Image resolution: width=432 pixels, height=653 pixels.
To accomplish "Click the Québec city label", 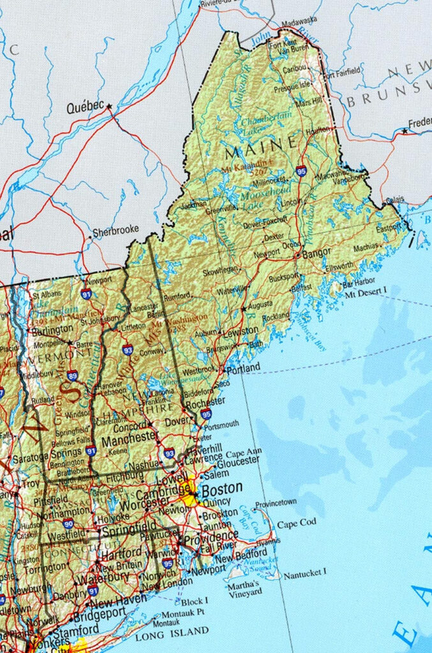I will [85, 108].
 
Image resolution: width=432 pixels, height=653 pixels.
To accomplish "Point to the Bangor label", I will [317, 253].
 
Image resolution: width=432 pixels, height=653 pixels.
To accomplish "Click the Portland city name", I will [242, 369].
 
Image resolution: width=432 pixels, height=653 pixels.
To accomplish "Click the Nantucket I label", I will [305, 573].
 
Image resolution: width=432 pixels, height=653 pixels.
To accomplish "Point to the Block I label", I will [195, 601].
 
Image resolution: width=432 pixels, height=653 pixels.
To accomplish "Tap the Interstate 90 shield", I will [68, 524].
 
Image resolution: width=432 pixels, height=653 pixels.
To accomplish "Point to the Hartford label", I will [121, 552].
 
